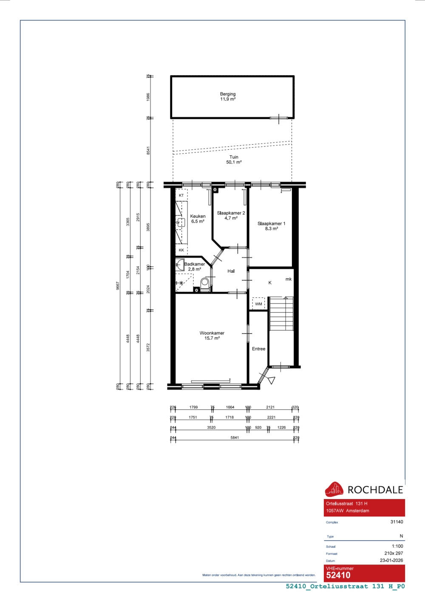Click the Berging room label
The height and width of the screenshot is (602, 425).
(x=228, y=97)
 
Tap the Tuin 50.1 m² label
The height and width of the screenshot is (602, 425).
(x=234, y=160)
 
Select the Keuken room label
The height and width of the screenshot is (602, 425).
(x=198, y=219)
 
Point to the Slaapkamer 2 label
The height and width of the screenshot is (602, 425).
(x=231, y=215)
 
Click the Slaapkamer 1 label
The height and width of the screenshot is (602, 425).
(x=271, y=226)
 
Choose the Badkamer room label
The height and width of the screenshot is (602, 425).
(x=195, y=266)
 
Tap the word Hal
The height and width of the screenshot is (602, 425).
(x=231, y=271)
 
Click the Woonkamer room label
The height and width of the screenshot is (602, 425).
(x=212, y=336)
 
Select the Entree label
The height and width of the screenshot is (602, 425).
(x=258, y=349)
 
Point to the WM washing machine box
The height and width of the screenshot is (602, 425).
(x=258, y=304)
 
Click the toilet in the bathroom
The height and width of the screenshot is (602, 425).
(x=205, y=284)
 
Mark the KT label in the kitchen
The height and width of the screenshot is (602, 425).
(x=181, y=195)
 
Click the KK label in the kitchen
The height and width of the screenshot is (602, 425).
(x=181, y=250)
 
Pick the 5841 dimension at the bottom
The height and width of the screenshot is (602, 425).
(x=235, y=437)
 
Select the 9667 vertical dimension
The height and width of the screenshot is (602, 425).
(x=118, y=285)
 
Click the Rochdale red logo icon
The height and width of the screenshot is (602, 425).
(x=334, y=489)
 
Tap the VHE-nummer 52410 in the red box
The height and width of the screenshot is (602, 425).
(x=338, y=575)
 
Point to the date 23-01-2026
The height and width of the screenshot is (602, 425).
(x=391, y=560)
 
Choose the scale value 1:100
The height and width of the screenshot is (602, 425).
(x=397, y=546)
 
